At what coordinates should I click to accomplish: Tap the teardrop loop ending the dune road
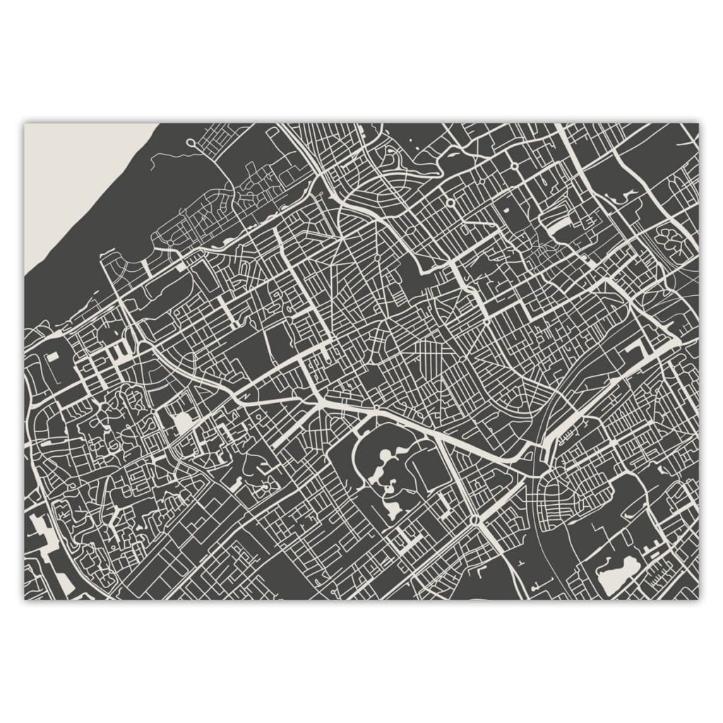(x=191, y=143)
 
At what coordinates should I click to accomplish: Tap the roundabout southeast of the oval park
(x=474, y=521)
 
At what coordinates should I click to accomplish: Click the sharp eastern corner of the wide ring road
(x=676, y=343)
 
